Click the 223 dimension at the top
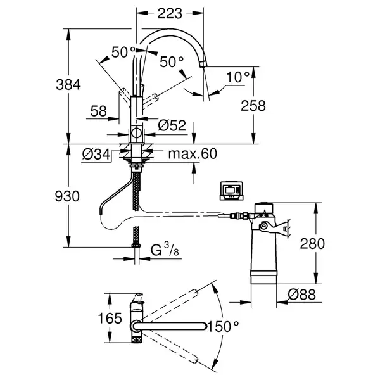click(170, 13)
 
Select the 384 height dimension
click(68, 85)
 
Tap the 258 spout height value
click(253, 106)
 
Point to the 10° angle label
click(237, 77)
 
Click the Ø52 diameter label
click(172, 125)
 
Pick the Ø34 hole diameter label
click(96, 154)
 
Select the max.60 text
click(193, 154)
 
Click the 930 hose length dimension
click(67, 196)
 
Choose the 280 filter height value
click(312, 244)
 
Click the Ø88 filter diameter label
click(301, 294)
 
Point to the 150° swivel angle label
click(223, 326)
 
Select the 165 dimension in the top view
click(110, 318)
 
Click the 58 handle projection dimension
click(99, 111)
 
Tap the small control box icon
click(231, 191)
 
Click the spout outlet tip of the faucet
click(203, 65)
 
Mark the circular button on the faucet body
click(136, 133)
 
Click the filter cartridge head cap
click(264, 208)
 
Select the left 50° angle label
click(123, 52)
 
